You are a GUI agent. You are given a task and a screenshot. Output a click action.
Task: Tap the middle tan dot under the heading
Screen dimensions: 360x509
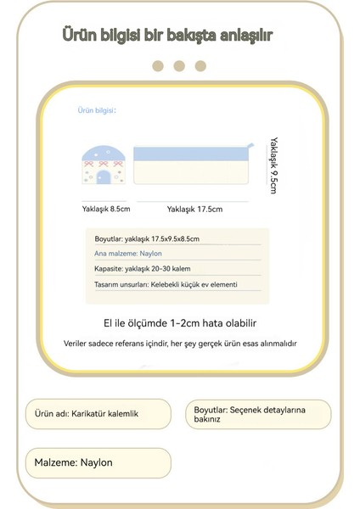pyautogui.click(x=178, y=66)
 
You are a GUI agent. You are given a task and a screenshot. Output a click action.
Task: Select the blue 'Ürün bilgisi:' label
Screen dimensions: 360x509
pyautogui.click(x=96, y=110)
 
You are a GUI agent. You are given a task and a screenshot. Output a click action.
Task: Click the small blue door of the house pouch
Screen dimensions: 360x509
pyautogui.click(x=104, y=176)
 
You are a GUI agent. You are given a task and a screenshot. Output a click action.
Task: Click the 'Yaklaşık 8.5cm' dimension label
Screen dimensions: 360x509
pyautogui.click(x=106, y=208)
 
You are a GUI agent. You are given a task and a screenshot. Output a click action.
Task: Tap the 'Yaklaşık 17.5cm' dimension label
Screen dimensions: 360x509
pyautogui.click(x=194, y=209)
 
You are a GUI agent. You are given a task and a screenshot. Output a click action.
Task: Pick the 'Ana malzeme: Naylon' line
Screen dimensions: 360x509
pyautogui.click(x=128, y=254)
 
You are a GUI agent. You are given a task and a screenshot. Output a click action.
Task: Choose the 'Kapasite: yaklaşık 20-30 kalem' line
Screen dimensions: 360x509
pyautogui.click(x=141, y=269)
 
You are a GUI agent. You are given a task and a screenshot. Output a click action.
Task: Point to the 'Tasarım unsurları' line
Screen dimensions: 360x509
pyautogui.click(x=166, y=284)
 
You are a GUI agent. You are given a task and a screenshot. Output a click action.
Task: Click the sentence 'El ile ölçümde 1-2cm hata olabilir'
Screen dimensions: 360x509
pyautogui.click(x=178, y=323)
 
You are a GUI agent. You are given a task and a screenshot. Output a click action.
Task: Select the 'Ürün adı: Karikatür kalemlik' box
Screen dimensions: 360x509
pyautogui.click(x=98, y=413)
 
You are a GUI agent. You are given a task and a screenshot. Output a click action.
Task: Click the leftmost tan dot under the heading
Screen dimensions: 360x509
pyautogui.click(x=158, y=66)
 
